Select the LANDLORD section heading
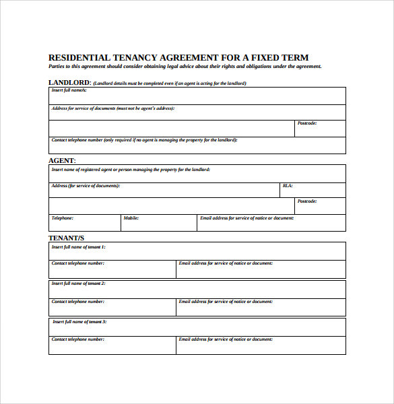click(69, 83)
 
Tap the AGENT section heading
click(62, 161)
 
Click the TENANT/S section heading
click(67, 238)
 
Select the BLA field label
click(288, 186)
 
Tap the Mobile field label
click(131, 218)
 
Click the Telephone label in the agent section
click(63, 218)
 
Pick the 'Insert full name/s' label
click(69, 90)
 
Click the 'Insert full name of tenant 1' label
click(78, 247)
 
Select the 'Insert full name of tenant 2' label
click(78, 284)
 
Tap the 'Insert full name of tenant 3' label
click(79, 323)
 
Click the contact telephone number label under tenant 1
click(78, 263)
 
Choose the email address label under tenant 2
click(226, 302)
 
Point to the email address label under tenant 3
click(226, 339)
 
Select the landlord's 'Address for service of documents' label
click(112, 108)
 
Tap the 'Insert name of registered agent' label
click(131, 170)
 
